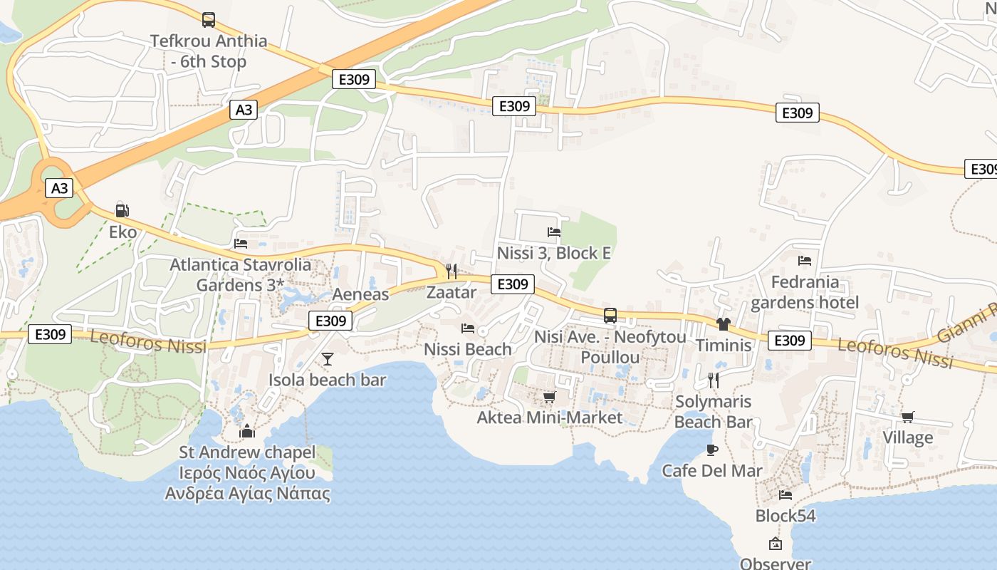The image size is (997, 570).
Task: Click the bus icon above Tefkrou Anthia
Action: click(208, 20)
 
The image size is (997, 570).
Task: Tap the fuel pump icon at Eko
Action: click(122, 210)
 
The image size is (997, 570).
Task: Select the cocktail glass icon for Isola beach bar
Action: click(327, 358)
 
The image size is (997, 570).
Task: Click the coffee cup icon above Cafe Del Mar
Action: click(711, 450)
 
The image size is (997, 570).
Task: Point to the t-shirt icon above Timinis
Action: click(724, 324)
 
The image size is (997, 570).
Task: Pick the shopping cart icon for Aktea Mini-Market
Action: click(549, 397)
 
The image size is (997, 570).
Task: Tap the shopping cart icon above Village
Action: click(907, 417)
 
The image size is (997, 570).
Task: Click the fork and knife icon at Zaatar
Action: click(451, 271)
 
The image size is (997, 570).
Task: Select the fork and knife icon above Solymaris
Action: click(713, 380)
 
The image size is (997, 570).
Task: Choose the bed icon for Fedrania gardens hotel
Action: click(805, 261)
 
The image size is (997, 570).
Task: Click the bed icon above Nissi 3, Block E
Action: click(553, 232)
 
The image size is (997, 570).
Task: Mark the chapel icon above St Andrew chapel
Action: click(247, 431)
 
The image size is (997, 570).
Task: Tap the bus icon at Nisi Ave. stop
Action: click(610, 315)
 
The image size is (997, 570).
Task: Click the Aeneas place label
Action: click(361, 294)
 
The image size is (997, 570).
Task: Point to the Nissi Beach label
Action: click(468, 349)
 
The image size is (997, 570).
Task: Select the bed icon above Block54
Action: click(785, 494)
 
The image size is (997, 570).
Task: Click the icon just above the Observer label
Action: click(776, 544)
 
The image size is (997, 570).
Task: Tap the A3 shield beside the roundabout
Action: click(60, 188)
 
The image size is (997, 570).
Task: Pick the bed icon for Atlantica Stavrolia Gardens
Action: click(241, 243)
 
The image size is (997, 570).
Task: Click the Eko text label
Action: click(122, 232)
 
